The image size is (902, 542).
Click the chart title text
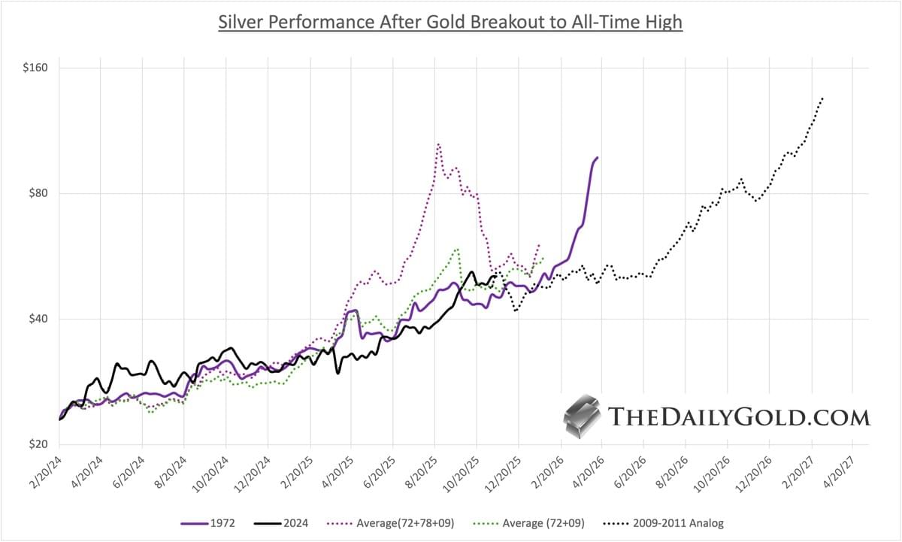point(450,22)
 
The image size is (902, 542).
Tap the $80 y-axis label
point(34,193)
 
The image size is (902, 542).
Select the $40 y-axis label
point(34,319)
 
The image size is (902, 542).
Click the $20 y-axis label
point(34,444)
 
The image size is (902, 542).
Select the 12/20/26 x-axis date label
point(755,470)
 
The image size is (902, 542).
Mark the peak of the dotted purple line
point(438,144)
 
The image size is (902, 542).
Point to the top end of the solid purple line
point(597,157)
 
